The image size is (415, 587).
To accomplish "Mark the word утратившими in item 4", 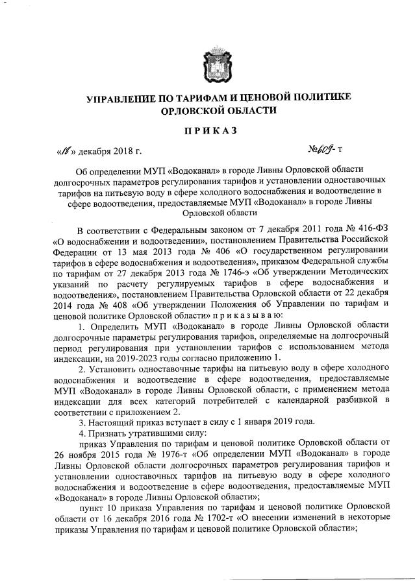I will click(149, 431).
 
